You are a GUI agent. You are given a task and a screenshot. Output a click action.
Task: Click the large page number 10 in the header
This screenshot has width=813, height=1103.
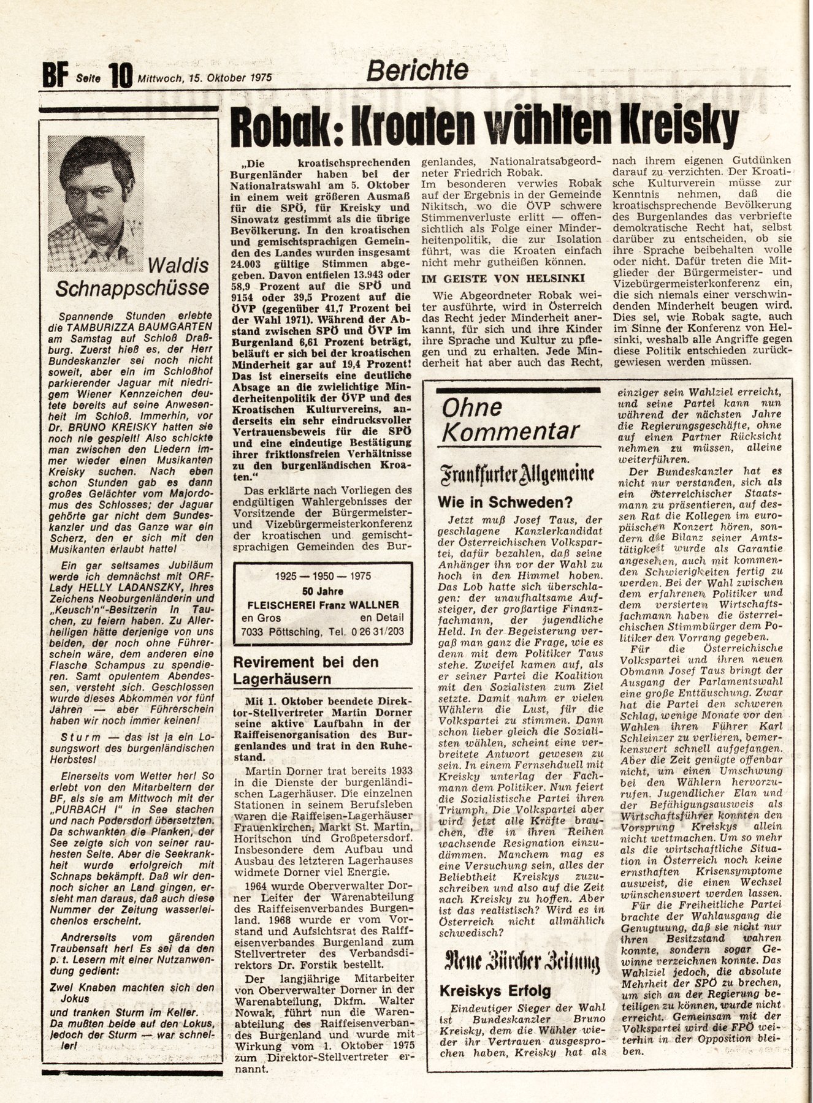tap(121, 78)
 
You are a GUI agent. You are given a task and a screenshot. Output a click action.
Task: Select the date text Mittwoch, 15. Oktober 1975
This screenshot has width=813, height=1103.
tap(204, 78)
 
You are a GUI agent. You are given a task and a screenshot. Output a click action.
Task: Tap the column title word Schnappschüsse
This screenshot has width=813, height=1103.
tap(132, 288)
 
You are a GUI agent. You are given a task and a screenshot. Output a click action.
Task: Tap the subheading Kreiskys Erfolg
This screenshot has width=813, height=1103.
tap(495, 991)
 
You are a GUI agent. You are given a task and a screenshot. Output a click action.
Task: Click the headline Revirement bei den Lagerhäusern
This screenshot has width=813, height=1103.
tap(314, 670)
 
